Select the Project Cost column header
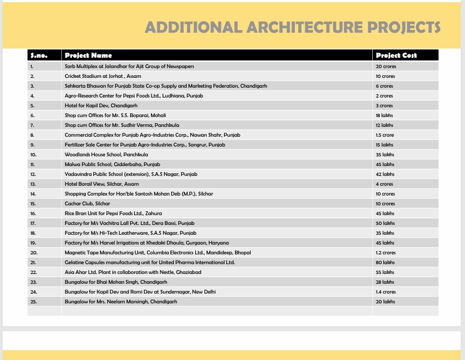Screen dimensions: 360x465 (396, 55)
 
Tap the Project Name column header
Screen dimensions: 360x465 (88, 55)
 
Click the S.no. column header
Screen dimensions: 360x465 (39, 55)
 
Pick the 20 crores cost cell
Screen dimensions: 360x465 (385, 66)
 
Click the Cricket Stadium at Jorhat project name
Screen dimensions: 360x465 (102, 76)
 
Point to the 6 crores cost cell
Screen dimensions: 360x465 (384, 86)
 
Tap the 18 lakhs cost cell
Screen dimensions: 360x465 (384, 115)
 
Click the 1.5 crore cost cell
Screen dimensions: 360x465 (385, 135)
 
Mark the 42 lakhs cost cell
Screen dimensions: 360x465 (385, 174)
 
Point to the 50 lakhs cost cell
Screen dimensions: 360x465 (385, 223)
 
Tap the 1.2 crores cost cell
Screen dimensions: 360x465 (386, 252)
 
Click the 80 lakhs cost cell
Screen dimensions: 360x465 (385, 262)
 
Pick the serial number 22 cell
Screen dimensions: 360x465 (34, 272)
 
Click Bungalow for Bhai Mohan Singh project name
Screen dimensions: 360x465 (116, 282)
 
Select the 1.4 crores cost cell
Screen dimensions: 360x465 (386, 291)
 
